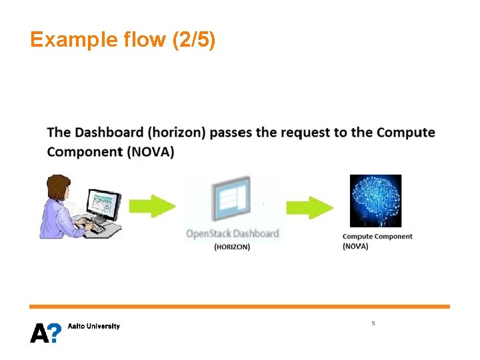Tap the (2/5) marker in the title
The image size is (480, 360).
(x=193, y=40)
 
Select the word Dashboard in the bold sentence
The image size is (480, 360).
(x=108, y=132)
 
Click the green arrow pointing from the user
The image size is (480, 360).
(x=153, y=206)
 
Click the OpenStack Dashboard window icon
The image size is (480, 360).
(x=231, y=201)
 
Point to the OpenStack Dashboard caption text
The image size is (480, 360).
(x=232, y=234)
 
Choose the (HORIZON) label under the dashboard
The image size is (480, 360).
(x=232, y=247)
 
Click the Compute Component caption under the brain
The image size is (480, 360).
(x=377, y=236)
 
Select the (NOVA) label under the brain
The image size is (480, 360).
(x=355, y=246)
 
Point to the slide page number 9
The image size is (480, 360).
(x=373, y=323)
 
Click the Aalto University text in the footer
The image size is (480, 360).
(x=94, y=326)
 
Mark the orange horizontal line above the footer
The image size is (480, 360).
(x=239, y=307)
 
